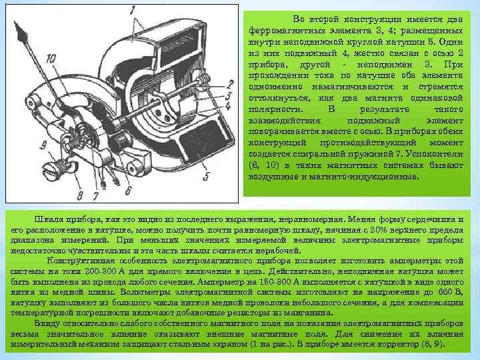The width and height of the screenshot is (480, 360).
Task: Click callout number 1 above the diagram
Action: [x=134, y=9]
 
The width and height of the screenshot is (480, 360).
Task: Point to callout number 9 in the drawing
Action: [x=43, y=145]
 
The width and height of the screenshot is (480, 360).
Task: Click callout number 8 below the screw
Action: [x=79, y=195]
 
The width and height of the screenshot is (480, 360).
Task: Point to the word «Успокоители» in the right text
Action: [x=440, y=153]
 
